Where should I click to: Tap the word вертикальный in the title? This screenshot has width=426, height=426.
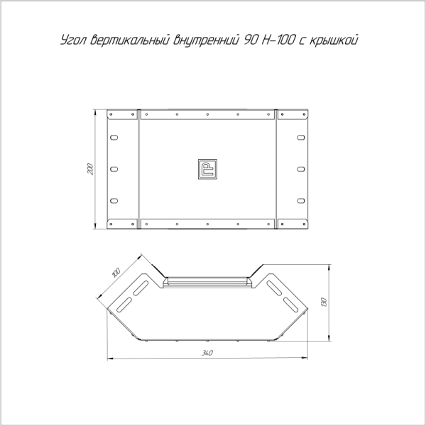[x=131, y=40]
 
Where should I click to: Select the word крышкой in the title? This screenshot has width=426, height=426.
[x=334, y=40]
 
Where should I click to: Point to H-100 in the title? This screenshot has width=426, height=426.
[x=278, y=40]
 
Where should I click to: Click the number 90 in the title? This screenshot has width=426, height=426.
[x=251, y=40]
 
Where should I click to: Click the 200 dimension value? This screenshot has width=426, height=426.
[x=90, y=169]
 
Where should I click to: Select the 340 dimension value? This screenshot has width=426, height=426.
[x=207, y=353]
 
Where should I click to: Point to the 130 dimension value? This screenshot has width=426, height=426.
[x=323, y=302]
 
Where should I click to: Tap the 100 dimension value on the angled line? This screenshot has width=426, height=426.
[x=116, y=273]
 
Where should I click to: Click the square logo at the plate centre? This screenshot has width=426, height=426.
[x=207, y=169]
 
